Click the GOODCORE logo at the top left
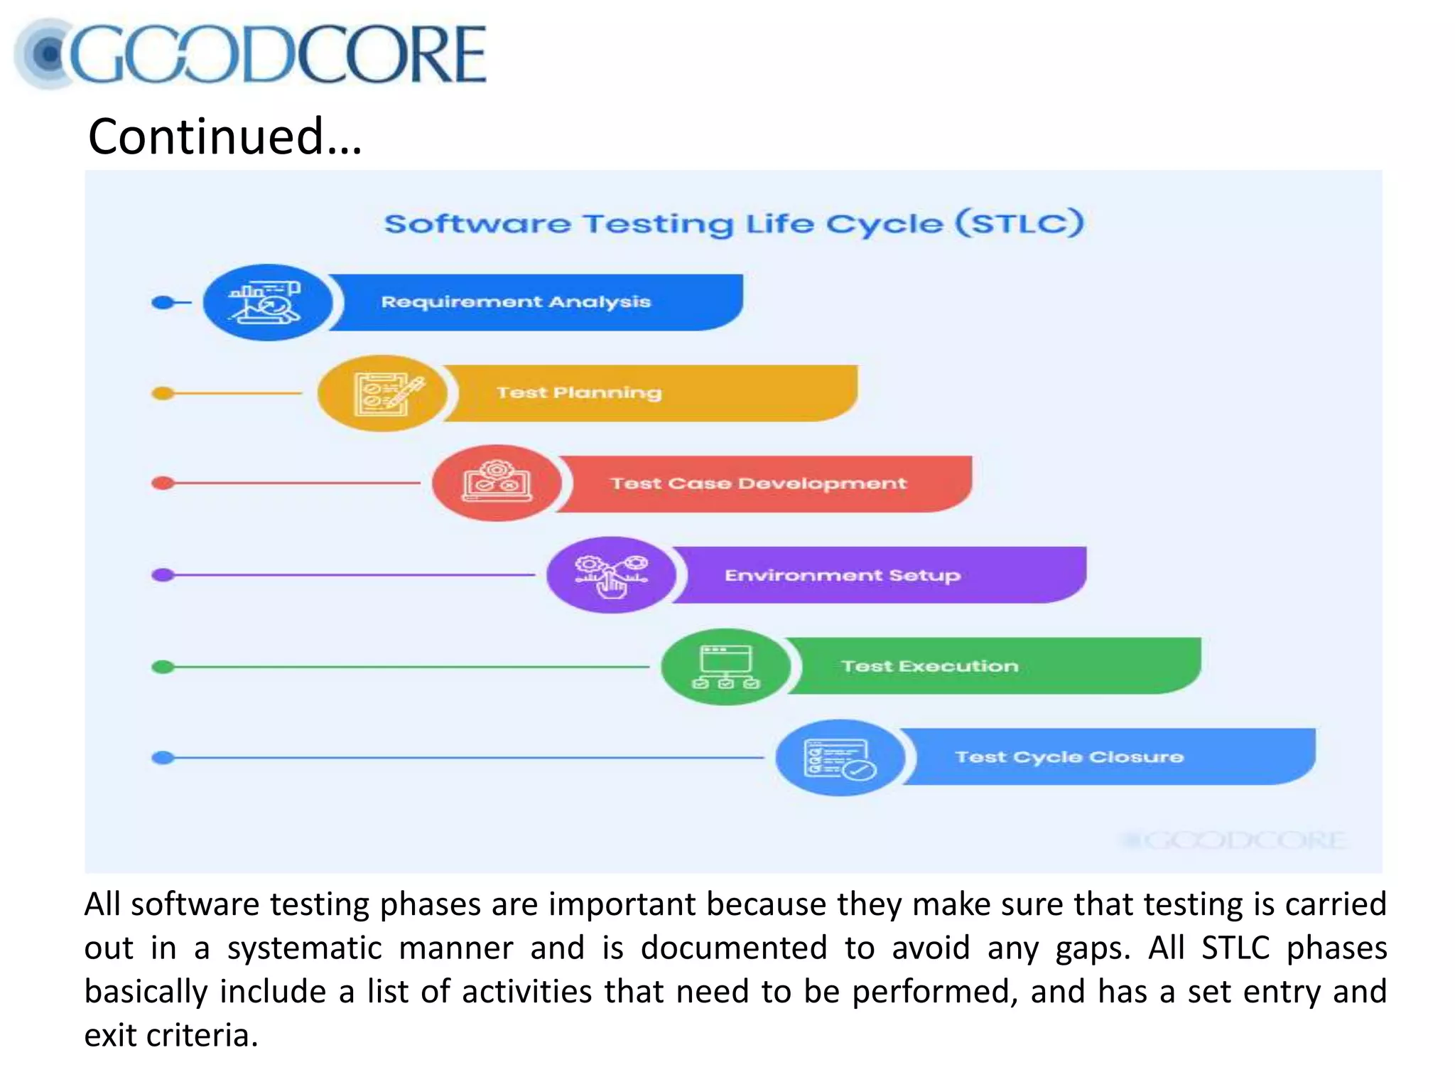click(x=250, y=54)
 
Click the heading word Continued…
click(x=225, y=136)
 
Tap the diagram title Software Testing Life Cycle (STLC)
click(x=733, y=224)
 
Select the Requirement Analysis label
click(x=516, y=302)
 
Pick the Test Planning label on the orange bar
click(x=579, y=392)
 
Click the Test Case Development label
click(x=758, y=483)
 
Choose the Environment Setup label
click(x=843, y=575)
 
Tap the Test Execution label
click(x=929, y=666)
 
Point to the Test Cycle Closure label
click(x=1069, y=757)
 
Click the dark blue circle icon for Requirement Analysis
click(x=267, y=303)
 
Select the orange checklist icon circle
click(x=382, y=393)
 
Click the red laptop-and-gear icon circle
click(x=497, y=483)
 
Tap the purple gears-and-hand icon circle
click(x=611, y=575)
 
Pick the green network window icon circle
click(x=725, y=667)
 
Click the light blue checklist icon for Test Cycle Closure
click(x=840, y=758)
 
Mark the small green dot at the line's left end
click(x=163, y=667)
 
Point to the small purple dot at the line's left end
click(x=163, y=575)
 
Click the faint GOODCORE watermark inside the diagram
click(x=1233, y=841)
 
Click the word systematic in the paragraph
click(x=304, y=948)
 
